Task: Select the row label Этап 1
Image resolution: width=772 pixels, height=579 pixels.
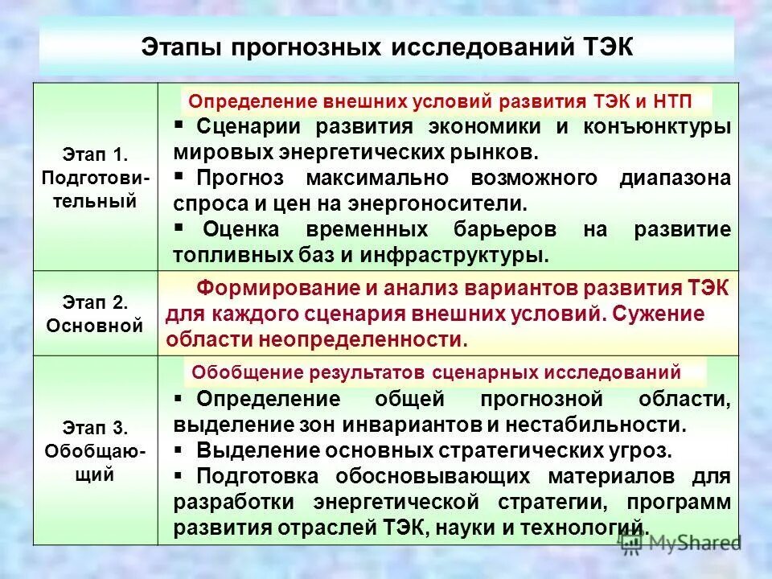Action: point(95,152)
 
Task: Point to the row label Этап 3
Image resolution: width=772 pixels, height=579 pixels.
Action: point(95,427)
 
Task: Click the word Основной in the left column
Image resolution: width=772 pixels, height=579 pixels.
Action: point(95,326)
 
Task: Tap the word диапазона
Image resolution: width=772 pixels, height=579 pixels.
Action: point(675,178)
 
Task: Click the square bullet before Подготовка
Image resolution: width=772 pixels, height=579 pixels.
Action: point(179,475)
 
